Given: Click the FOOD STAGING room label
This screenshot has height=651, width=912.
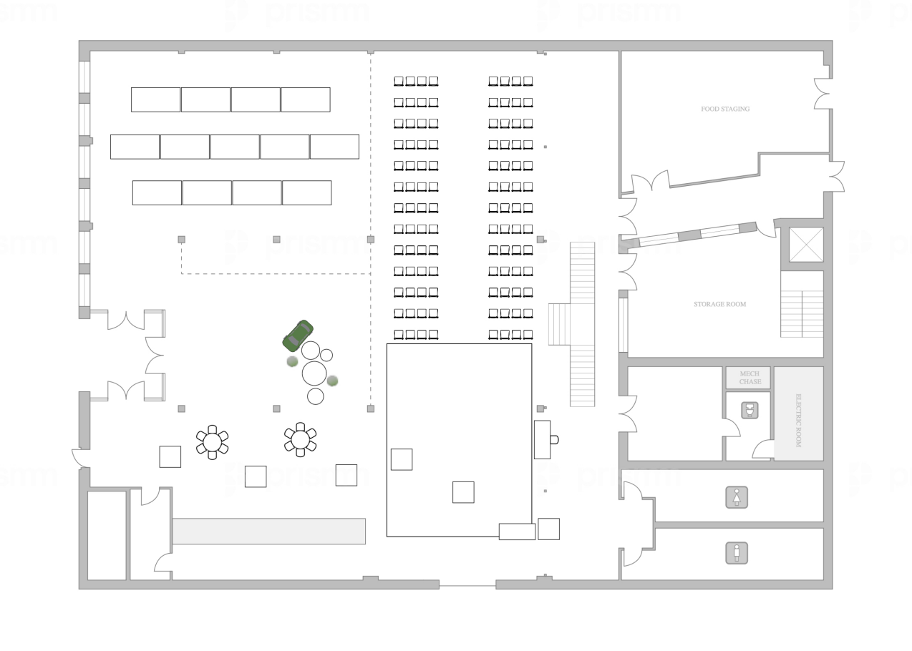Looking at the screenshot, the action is coord(724,109).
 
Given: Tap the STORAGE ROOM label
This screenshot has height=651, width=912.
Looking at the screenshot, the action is coord(719,304).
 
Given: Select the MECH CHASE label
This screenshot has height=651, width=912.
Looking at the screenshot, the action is coord(750,378).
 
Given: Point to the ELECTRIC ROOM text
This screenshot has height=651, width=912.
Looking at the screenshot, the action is coord(798,421).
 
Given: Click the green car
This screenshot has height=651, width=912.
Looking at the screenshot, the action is coord(298,335).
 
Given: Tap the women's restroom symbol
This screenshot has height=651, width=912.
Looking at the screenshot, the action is coord(737,497).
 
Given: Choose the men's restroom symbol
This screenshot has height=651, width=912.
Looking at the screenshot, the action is coord(737,553).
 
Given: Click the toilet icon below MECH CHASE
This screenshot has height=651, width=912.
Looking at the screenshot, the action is coord(749,411).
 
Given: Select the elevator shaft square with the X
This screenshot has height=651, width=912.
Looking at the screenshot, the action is coord(806,245).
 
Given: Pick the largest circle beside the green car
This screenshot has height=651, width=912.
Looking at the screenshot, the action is coord(314,373).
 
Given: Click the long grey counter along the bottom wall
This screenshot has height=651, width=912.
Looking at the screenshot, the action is coord(268,531).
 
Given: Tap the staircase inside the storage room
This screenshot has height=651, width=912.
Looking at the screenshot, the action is coord(802,313).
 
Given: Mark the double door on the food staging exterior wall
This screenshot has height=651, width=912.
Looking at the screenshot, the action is coord(825,94).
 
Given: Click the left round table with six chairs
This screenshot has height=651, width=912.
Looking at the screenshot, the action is coord(212,441).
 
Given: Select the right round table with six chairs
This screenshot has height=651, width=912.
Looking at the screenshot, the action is coord(300,439).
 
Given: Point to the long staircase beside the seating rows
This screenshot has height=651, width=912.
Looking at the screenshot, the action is coord(582,324).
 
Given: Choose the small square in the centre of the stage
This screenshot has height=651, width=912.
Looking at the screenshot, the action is coord(463,492).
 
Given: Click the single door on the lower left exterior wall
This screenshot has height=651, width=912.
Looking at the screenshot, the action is coord(80,458).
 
